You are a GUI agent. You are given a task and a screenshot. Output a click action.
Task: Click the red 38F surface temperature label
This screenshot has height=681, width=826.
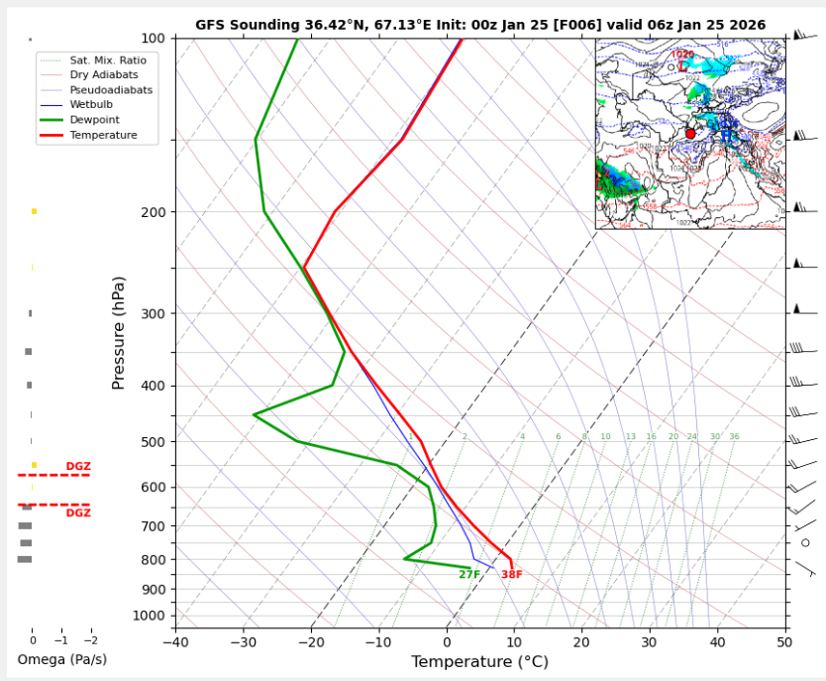pyautogui.click(x=511, y=575)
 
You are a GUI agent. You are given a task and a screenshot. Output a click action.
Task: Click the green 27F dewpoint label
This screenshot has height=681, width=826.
pyautogui.click(x=469, y=575)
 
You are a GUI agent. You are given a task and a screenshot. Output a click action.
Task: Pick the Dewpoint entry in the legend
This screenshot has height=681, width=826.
pyautogui.click(x=95, y=120)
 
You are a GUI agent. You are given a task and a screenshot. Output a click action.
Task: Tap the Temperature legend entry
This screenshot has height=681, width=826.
pyautogui.click(x=103, y=135)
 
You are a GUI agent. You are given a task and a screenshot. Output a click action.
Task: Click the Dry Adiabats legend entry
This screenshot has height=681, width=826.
pyautogui.click(x=104, y=75)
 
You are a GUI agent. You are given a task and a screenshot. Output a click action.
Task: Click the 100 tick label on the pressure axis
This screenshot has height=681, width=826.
pyautogui.click(x=154, y=39)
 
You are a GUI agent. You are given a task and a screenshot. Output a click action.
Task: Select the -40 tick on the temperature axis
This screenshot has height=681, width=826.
pyautogui.click(x=175, y=642)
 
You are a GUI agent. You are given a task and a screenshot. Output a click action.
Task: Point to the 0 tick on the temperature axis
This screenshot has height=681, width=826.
pyautogui.click(x=447, y=642)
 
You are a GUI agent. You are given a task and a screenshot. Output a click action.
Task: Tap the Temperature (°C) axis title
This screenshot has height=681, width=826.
pyautogui.click(x=480, y=661)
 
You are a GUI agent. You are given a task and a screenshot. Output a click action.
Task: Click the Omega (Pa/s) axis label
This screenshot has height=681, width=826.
pyautogui.click(x=62, y=660)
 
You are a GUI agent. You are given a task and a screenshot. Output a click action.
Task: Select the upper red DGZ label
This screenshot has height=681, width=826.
pyautogui.click(x=78, y=467)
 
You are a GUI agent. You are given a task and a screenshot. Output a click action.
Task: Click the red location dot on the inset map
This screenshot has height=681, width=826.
pyautogui.click(x=690, y=134)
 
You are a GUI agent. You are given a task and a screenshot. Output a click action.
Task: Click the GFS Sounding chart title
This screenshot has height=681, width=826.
pyautogui.click(x=479, y=25)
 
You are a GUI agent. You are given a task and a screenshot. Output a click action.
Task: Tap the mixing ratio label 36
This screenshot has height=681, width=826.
pyautogui.click(x=734, y=437)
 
